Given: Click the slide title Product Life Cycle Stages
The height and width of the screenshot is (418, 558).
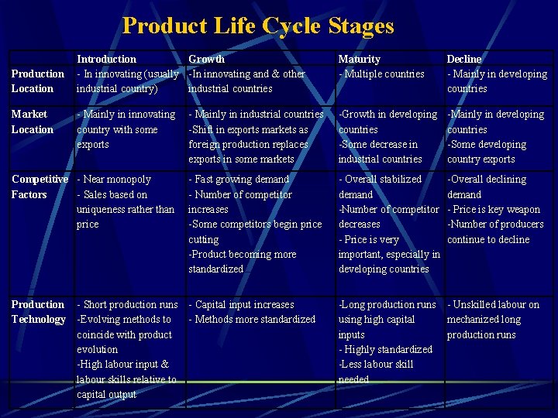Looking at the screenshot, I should (x=258, y=26).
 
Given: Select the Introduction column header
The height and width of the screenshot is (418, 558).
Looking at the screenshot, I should (x=106, y=59).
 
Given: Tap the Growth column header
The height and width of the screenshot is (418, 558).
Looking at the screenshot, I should (x=206, y=59).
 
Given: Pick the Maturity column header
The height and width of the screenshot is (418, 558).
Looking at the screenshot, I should (x=359, y=59).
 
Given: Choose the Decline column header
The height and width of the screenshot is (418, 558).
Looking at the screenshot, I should (x=463, y=59).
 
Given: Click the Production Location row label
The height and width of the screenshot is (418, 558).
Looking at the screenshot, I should (x=37, y=81).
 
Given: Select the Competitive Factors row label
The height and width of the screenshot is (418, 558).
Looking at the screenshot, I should (x=40, y=187).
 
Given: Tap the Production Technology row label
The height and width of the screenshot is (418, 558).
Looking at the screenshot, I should (x=38, y=312).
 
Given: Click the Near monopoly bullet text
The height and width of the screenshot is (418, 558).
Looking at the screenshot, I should (x=115, y=180).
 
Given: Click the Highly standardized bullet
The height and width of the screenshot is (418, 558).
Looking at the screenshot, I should (x=386, y=350).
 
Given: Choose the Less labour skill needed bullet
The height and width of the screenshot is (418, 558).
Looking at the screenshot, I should (x=377, y=372).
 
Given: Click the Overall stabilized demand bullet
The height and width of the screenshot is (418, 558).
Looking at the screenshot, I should (x=380, y=187).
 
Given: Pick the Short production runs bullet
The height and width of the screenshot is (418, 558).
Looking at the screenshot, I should (x=129, y=305).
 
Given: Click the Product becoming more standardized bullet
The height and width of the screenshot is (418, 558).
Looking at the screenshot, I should (x=243, y=262).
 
